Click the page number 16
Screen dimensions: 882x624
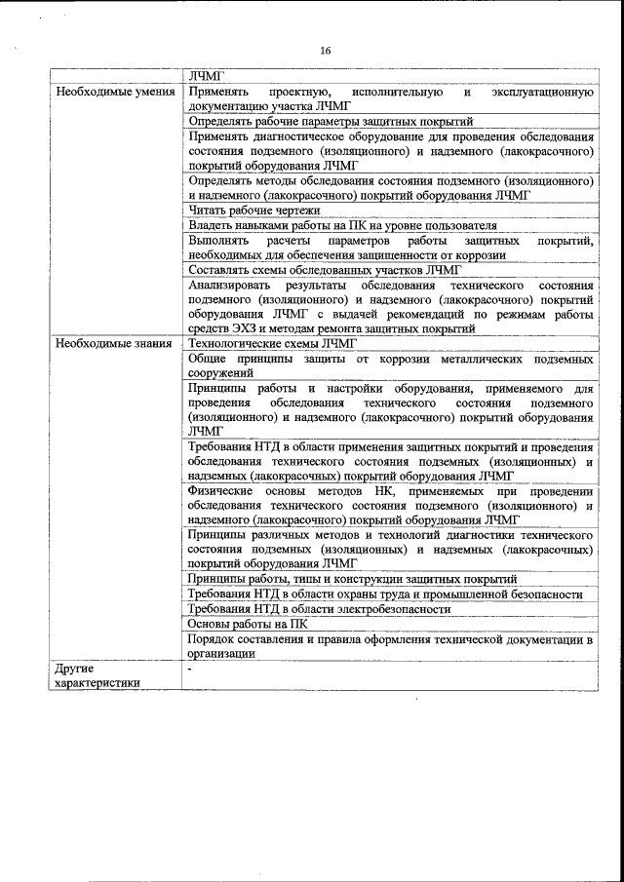pyautogui.click(x=324, y=51)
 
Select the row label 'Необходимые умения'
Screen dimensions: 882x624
pyautogui.click(x=115, y=93)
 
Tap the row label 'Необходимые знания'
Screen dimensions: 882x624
pyautogui.click(x=114, y=344)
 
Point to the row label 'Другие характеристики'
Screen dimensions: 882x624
pyautogui.click(x=97, y=677)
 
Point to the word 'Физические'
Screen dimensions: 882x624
pyautogui.click(x=219, y=491)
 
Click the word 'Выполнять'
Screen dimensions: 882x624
pyautogui.click(x=215, y=240)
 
